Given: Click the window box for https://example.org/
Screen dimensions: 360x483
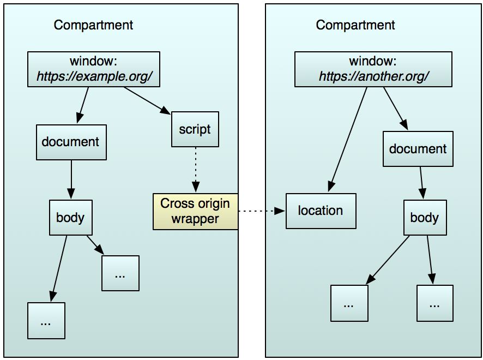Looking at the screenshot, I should point(94,69).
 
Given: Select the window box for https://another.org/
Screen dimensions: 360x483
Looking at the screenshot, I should point(373,69).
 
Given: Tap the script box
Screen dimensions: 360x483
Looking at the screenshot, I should point(195,130).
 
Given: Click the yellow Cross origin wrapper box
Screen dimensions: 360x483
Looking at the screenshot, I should point(195,211).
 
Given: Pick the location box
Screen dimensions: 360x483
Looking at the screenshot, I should point(321,211).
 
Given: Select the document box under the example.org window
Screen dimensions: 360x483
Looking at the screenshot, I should point(71,142).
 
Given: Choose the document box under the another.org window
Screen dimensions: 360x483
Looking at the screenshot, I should point(418,149).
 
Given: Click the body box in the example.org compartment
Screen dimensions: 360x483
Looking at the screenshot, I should point(71,218).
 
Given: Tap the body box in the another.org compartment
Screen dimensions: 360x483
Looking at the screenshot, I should point(424,218).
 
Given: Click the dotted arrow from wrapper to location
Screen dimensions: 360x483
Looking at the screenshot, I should point(262,211).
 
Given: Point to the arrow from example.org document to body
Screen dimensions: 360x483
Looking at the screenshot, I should point(71,180).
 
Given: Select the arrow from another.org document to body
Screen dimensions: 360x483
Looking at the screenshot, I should point(421,183).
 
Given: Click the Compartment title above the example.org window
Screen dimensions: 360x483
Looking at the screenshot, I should point(93,25).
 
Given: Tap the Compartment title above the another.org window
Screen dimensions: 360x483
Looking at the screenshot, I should point(355,25).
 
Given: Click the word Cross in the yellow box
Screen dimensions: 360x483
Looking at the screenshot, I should point(175,204).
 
